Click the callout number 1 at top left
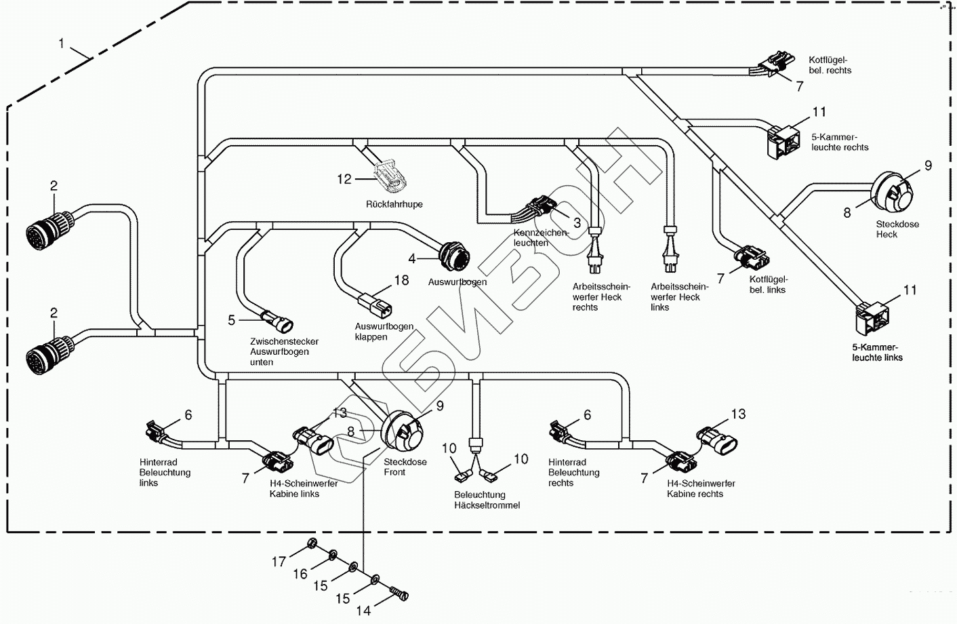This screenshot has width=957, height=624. [62, 43]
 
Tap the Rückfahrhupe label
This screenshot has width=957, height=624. [394, 204]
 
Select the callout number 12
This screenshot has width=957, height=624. [344, 179]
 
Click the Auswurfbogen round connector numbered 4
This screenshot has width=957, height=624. [453, 256]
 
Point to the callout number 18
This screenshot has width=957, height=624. [401, 280]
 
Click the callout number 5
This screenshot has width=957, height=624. [232, 319]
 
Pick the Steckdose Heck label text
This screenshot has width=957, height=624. [896, 229]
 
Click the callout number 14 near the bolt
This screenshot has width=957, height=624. [363, 610]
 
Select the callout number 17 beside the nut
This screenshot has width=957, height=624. [279, 562]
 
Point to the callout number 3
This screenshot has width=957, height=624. [577, 222]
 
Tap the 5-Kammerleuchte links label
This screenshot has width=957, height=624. [877, 352]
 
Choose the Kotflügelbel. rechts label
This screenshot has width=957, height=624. [830, 65]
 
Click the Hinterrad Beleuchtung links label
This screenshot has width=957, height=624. [165, 473]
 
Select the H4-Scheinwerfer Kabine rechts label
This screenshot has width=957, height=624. [700, 488]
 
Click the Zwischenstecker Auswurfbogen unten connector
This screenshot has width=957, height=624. [277, 317]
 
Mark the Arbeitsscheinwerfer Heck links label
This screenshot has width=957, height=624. [679, 296]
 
